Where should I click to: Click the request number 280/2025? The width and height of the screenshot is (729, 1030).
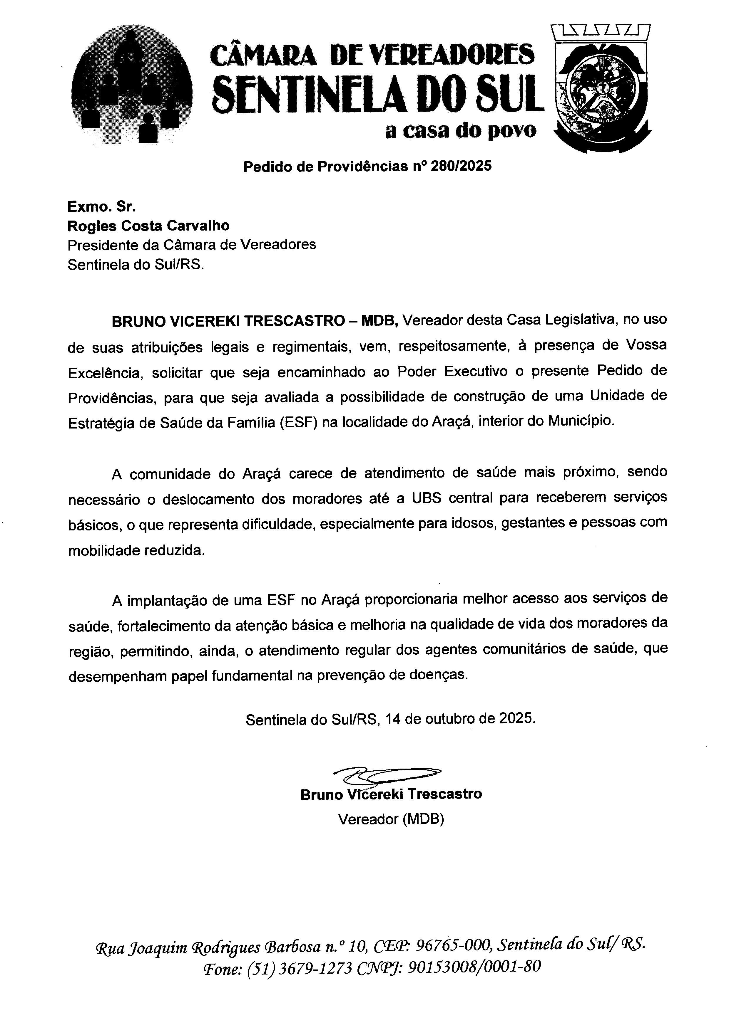point(461,167)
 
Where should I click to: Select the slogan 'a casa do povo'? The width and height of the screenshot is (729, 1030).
point(461,130)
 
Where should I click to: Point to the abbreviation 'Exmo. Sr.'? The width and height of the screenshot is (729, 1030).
point(101,206)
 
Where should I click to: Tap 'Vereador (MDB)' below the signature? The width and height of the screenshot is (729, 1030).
point(391,819)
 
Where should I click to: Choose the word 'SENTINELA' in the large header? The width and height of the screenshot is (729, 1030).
point(314,94)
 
